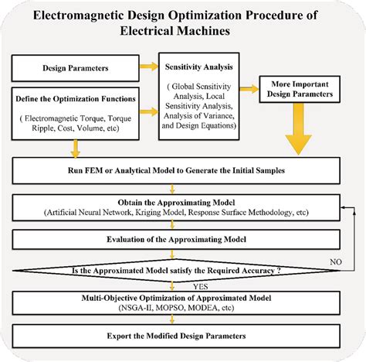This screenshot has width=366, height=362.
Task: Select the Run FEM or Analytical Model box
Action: pyautogui.click(x=182, y=168)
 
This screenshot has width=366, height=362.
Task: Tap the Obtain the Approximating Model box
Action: pyautogui.click(x=182, y=206)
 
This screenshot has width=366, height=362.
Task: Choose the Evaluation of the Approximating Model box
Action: pyautogui.click(x=182, y=240)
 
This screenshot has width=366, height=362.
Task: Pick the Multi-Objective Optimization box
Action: pyautogui.click(x=182, y=302)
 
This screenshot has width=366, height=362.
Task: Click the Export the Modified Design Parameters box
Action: pyautogui.click(x=182, y=336)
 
